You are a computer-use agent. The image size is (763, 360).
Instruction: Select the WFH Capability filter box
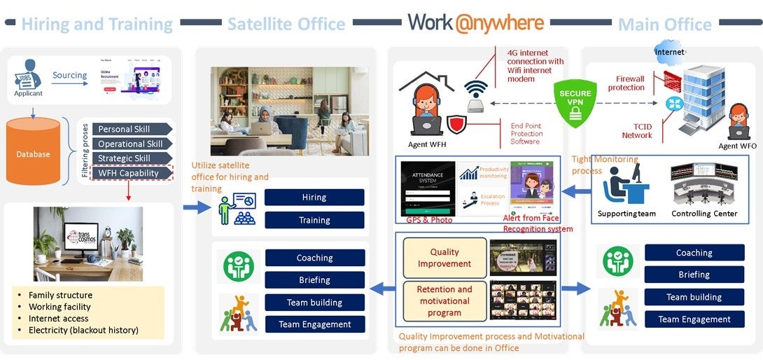click(132, 173)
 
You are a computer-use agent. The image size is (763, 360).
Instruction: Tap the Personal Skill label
click(131, 129)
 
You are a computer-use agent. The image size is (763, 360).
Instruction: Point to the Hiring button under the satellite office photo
click(314, 198)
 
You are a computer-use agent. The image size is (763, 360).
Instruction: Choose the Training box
click(314, 220)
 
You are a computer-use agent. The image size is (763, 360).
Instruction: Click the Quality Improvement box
click(444, 258)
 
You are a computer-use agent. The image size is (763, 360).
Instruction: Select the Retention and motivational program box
click(444, 300)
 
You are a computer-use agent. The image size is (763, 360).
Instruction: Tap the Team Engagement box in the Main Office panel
click(694, 319)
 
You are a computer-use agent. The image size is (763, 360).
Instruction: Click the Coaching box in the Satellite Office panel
click(314, 258)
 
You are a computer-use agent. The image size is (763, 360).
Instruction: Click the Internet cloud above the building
click(669, 51)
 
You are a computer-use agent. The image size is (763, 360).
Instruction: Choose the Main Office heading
click(664, 25)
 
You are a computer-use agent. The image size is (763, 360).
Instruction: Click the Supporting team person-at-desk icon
click(624, 185)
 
